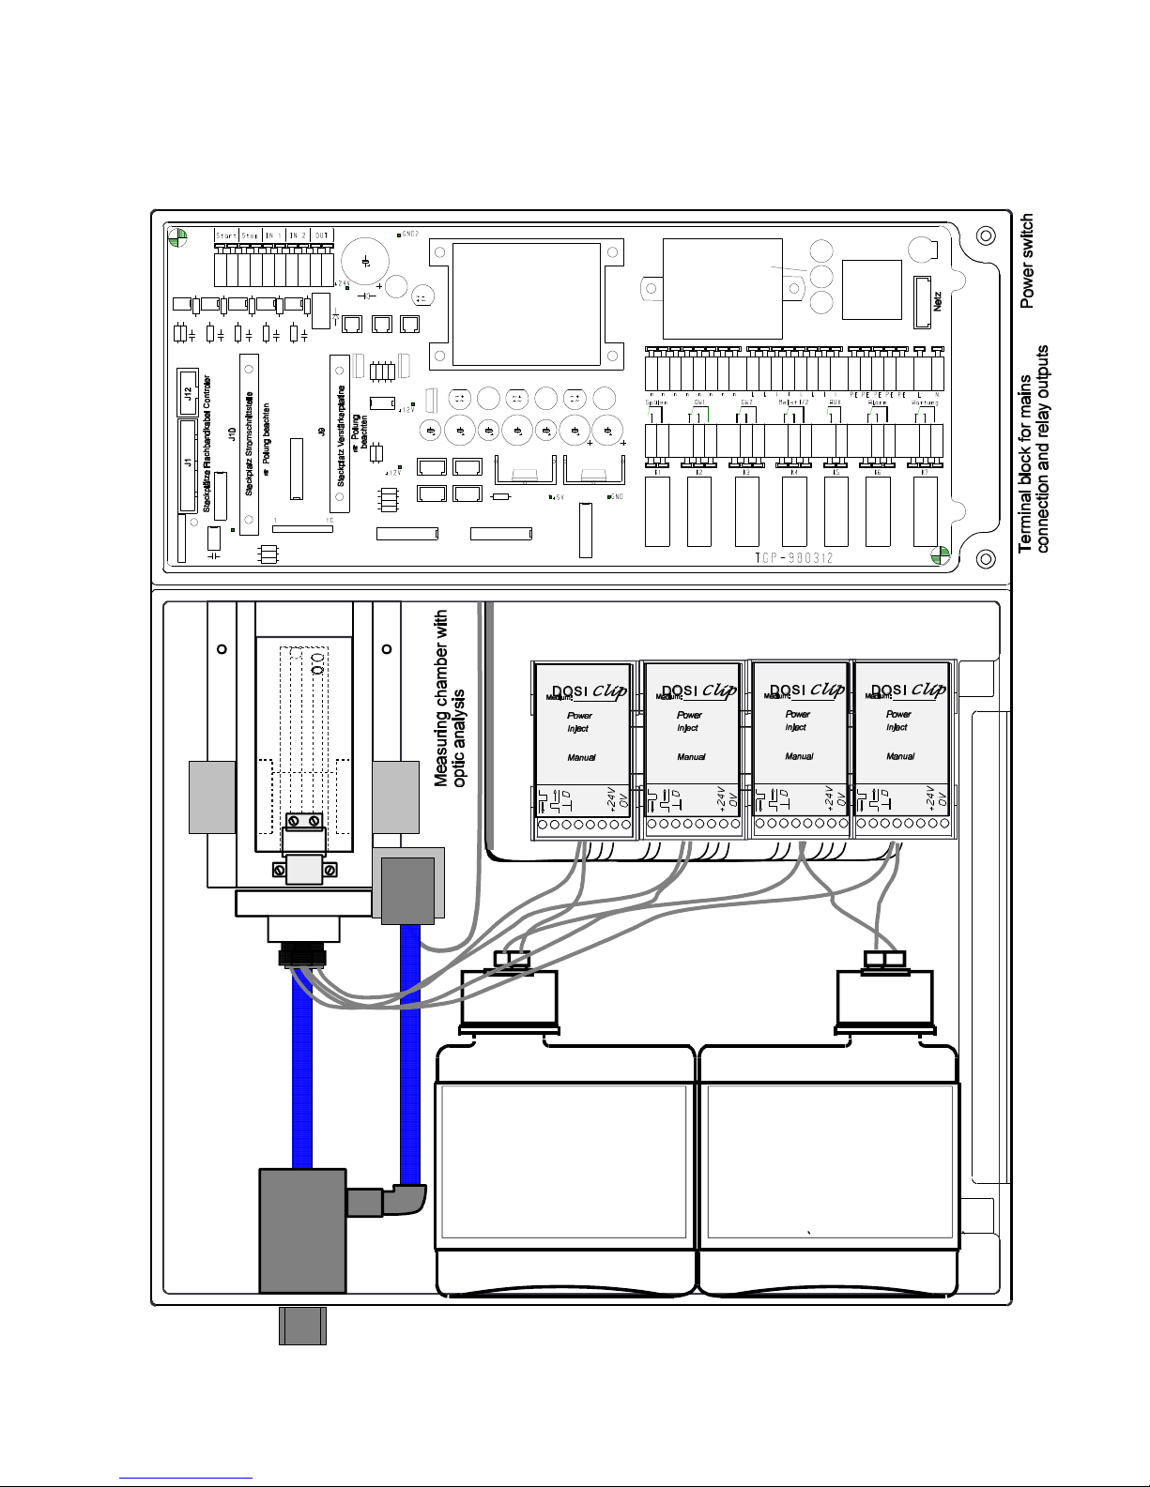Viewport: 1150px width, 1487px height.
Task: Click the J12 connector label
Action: (x=187, y=387)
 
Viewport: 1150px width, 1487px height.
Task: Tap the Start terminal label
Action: (x=226, y=235)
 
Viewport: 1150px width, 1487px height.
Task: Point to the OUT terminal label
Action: (x=322, y=235)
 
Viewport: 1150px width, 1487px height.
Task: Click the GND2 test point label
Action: (x=410, y=234)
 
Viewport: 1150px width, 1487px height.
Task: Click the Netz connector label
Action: (x=937, y=301)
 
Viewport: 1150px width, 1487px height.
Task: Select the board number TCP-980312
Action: (x=793, y=558)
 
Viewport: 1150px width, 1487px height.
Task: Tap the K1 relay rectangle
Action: (x=657, y=511)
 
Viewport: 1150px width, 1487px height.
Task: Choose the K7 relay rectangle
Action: (x=925, y=511)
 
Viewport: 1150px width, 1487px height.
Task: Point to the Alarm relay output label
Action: (x=878, y=402)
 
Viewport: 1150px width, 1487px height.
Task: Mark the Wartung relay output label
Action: (x=925, y=402)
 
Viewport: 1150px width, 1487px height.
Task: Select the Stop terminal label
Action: (x=250, y=235)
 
